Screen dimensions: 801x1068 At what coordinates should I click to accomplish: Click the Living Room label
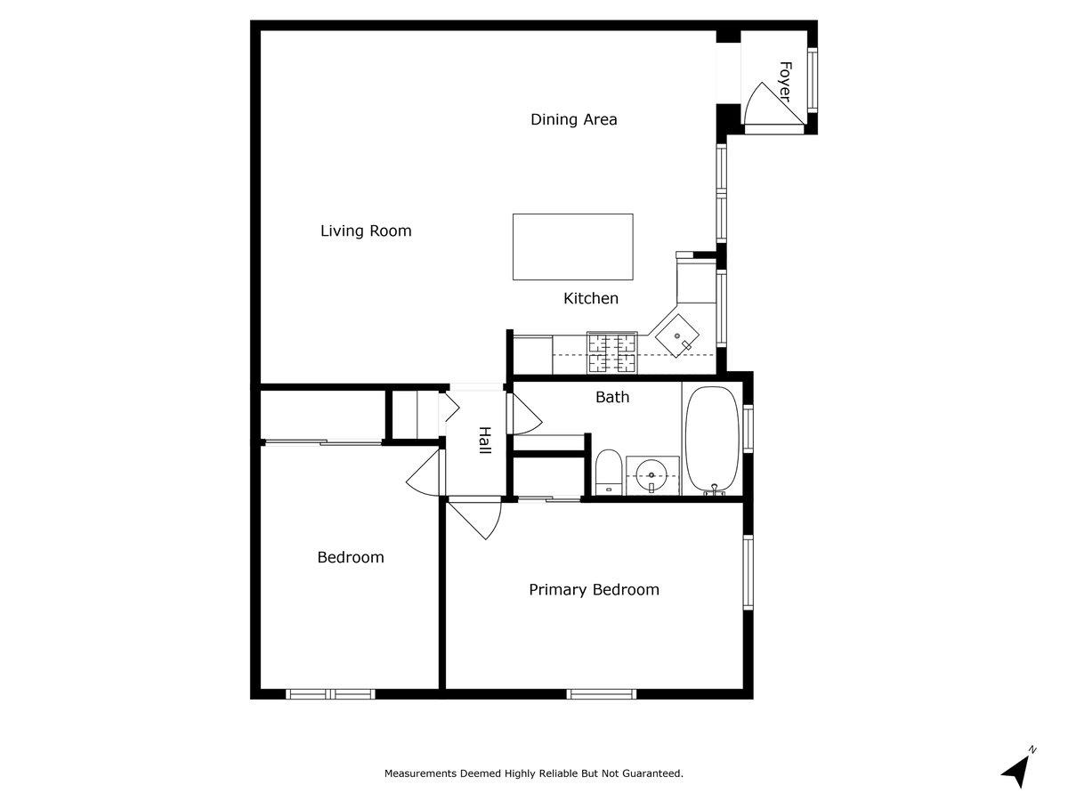pos(366,231)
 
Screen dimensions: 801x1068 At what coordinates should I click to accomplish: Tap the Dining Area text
pos(573,119)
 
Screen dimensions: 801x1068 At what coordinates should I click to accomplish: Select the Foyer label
pos(785,81)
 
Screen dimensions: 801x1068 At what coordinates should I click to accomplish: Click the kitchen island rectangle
pos(572,247)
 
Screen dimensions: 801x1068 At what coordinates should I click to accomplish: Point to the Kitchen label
pos(590,298)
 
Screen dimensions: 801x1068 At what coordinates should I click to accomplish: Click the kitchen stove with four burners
pos(612,352)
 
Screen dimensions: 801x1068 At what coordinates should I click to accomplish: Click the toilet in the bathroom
pos(608,471)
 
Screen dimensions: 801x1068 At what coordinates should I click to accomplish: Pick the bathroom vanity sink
pos(652,474)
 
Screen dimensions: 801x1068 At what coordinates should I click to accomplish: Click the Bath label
pos(611,397)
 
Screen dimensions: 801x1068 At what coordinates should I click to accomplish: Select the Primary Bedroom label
pos(594,589)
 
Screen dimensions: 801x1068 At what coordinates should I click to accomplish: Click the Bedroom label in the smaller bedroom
pos(351,557)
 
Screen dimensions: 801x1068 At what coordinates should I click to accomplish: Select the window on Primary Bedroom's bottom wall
pos(602,693)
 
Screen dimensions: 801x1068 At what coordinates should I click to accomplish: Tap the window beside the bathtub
pos(748,428)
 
